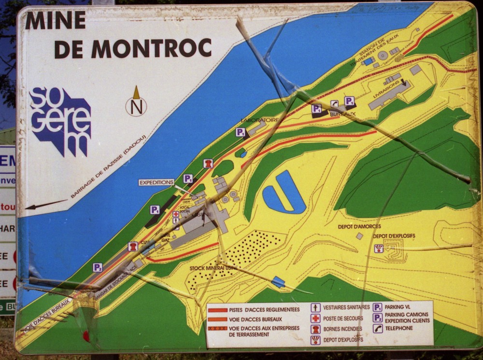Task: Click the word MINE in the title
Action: click(56, 20)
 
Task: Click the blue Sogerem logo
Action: click(61, 121)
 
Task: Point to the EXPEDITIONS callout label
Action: click(156, 182)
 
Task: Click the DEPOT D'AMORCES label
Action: click(359, 226)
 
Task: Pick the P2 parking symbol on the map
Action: click(98, 267)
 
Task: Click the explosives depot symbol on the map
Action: click(379, 248)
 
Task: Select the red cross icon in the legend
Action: click(315, 318)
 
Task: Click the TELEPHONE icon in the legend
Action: click(378, 328)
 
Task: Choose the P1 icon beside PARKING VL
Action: click(378, 307)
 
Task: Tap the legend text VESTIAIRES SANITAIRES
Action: click(346, 307)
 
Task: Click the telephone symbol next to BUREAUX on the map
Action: click(334, 103)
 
